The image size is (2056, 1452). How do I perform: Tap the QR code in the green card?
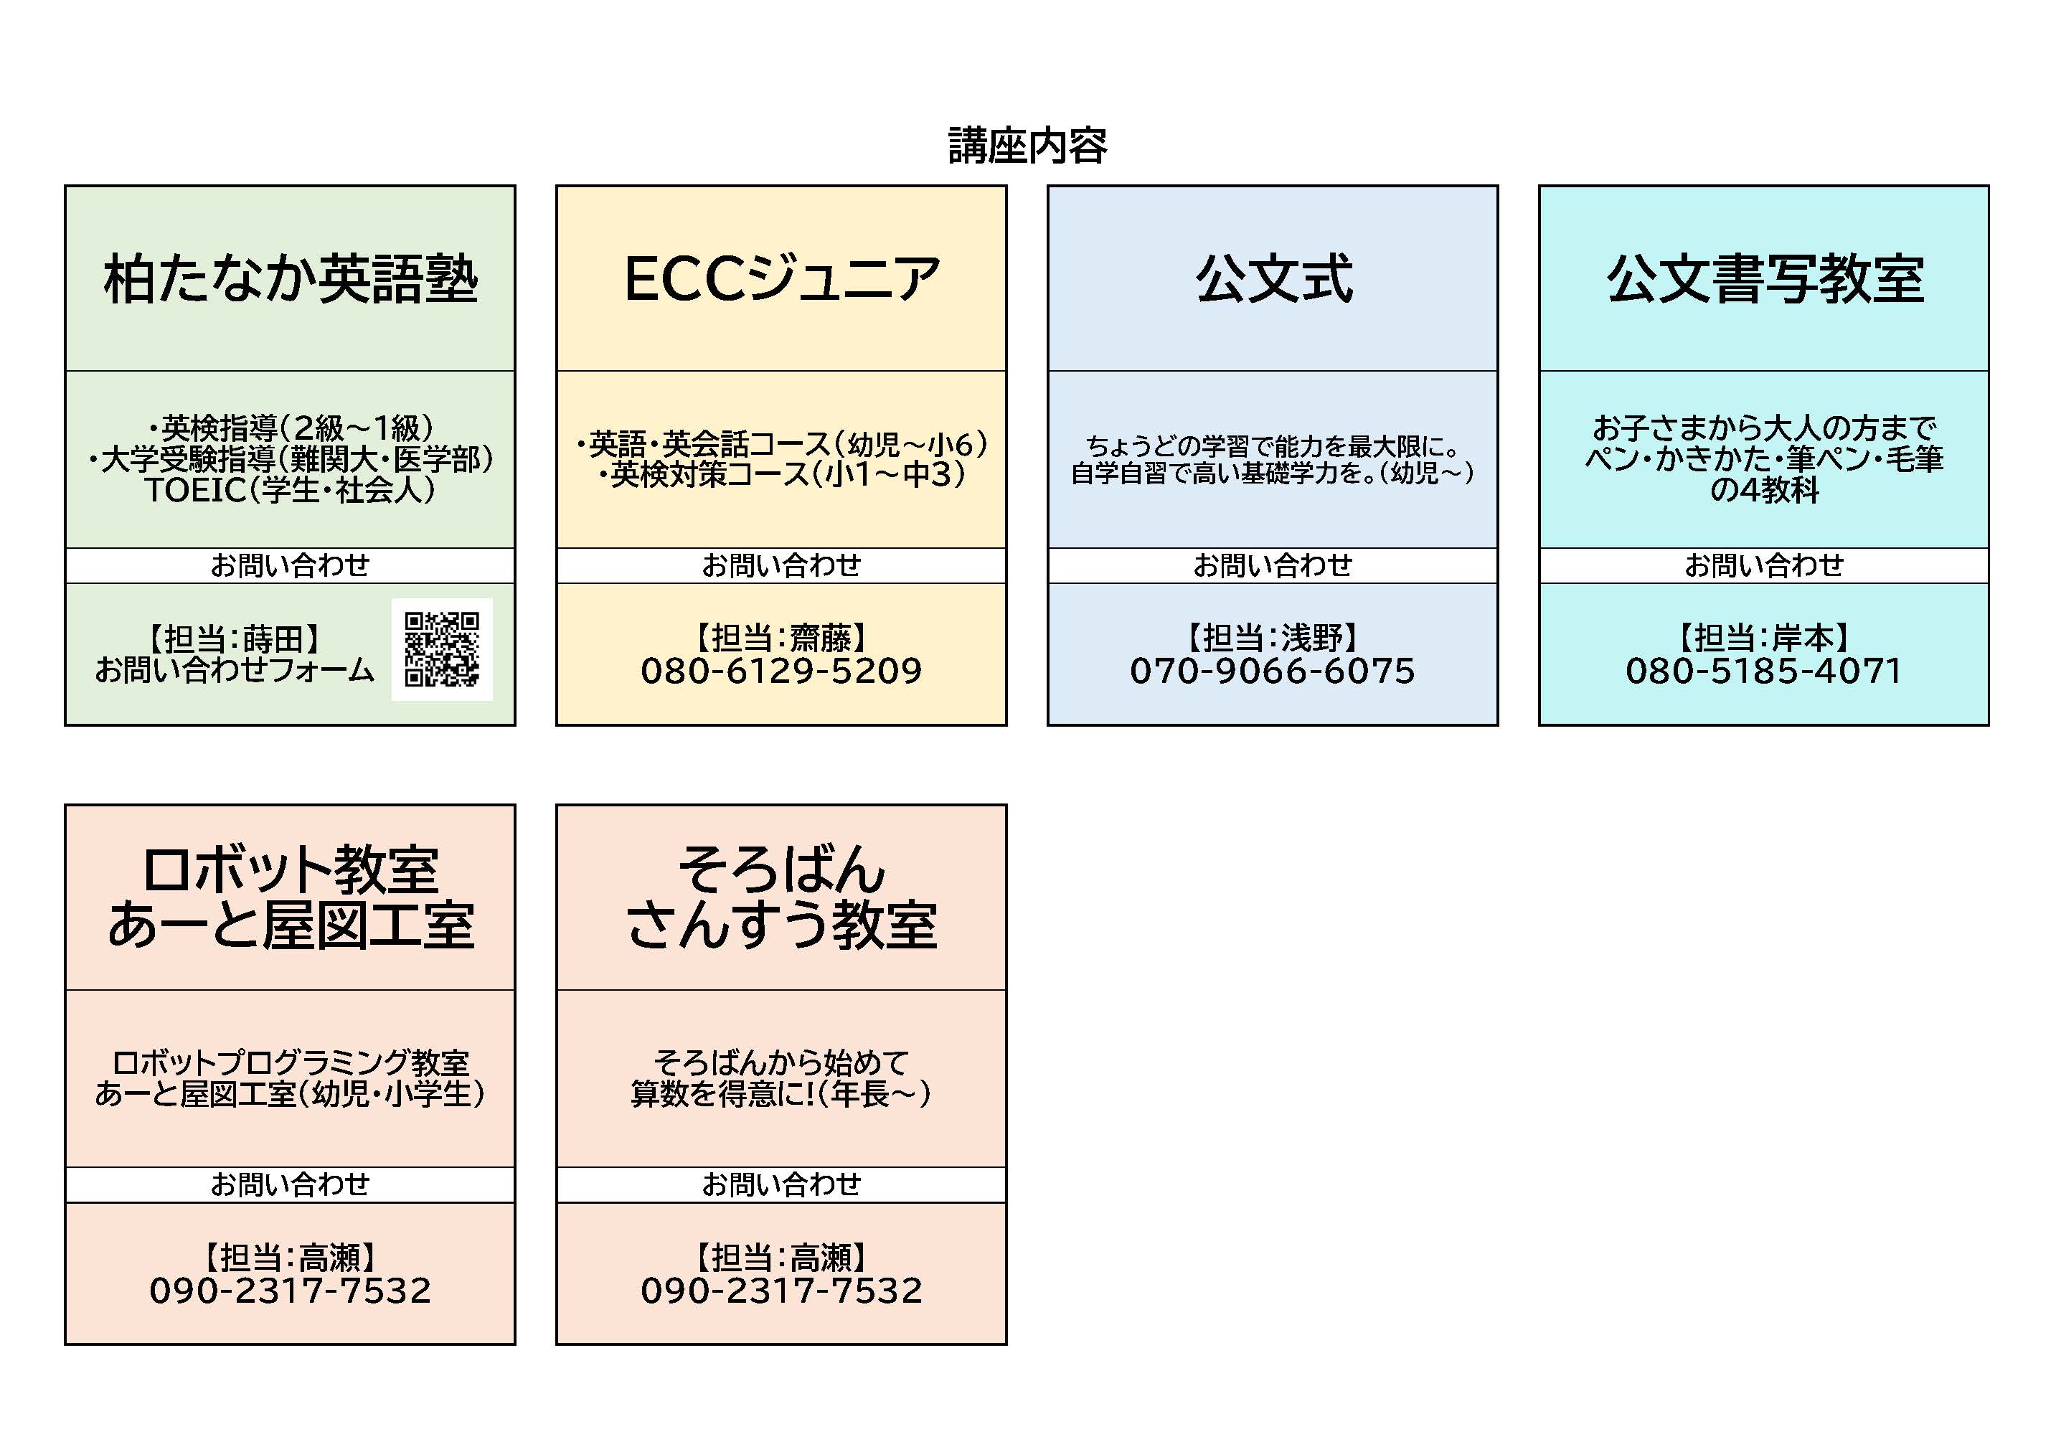441,649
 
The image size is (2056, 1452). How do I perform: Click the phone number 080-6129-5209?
781,671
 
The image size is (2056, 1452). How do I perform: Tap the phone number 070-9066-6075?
1273,671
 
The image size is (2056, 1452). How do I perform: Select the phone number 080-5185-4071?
1764,671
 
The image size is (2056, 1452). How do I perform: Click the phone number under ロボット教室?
290,1291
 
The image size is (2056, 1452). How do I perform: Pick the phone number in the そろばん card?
781,1291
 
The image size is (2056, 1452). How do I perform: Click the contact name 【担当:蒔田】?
235,638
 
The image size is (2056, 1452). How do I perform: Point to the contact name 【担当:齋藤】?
781,638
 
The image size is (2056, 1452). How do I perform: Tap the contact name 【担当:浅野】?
1273,638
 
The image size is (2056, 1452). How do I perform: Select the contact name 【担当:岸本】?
1764,638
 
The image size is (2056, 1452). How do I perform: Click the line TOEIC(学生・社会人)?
290,490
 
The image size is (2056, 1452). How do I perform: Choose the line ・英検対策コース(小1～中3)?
781,475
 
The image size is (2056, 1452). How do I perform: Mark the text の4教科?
1764,490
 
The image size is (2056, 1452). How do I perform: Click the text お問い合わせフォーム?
235,670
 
